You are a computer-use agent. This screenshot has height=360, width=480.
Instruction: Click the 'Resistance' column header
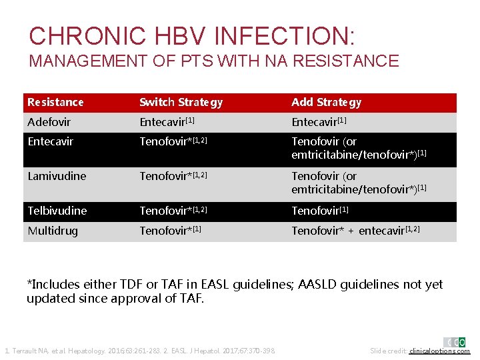coord(55,103)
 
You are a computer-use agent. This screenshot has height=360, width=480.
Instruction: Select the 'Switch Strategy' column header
coord(181,103)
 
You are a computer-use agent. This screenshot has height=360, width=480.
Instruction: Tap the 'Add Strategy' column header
coord(326,103)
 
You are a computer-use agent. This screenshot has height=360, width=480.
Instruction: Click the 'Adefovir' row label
coord(49,123)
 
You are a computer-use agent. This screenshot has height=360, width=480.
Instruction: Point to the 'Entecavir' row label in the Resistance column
coord(51,142)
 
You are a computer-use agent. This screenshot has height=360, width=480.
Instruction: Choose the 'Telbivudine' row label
coord(57,211)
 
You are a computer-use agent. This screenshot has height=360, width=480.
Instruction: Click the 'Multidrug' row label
coord(52,231)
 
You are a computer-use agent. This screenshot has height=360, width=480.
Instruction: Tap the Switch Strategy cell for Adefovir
coord(167,123)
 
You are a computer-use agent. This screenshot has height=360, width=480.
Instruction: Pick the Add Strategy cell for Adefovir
coord(319,123)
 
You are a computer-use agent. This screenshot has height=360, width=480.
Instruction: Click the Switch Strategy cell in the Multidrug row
coord(170,231)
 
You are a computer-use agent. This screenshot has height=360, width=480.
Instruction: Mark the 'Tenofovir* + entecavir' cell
coord(355,231)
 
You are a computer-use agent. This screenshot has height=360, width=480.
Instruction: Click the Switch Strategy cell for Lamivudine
coord(173,177)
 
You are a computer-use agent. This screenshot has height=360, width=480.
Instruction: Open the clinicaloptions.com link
coord(439,351)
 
